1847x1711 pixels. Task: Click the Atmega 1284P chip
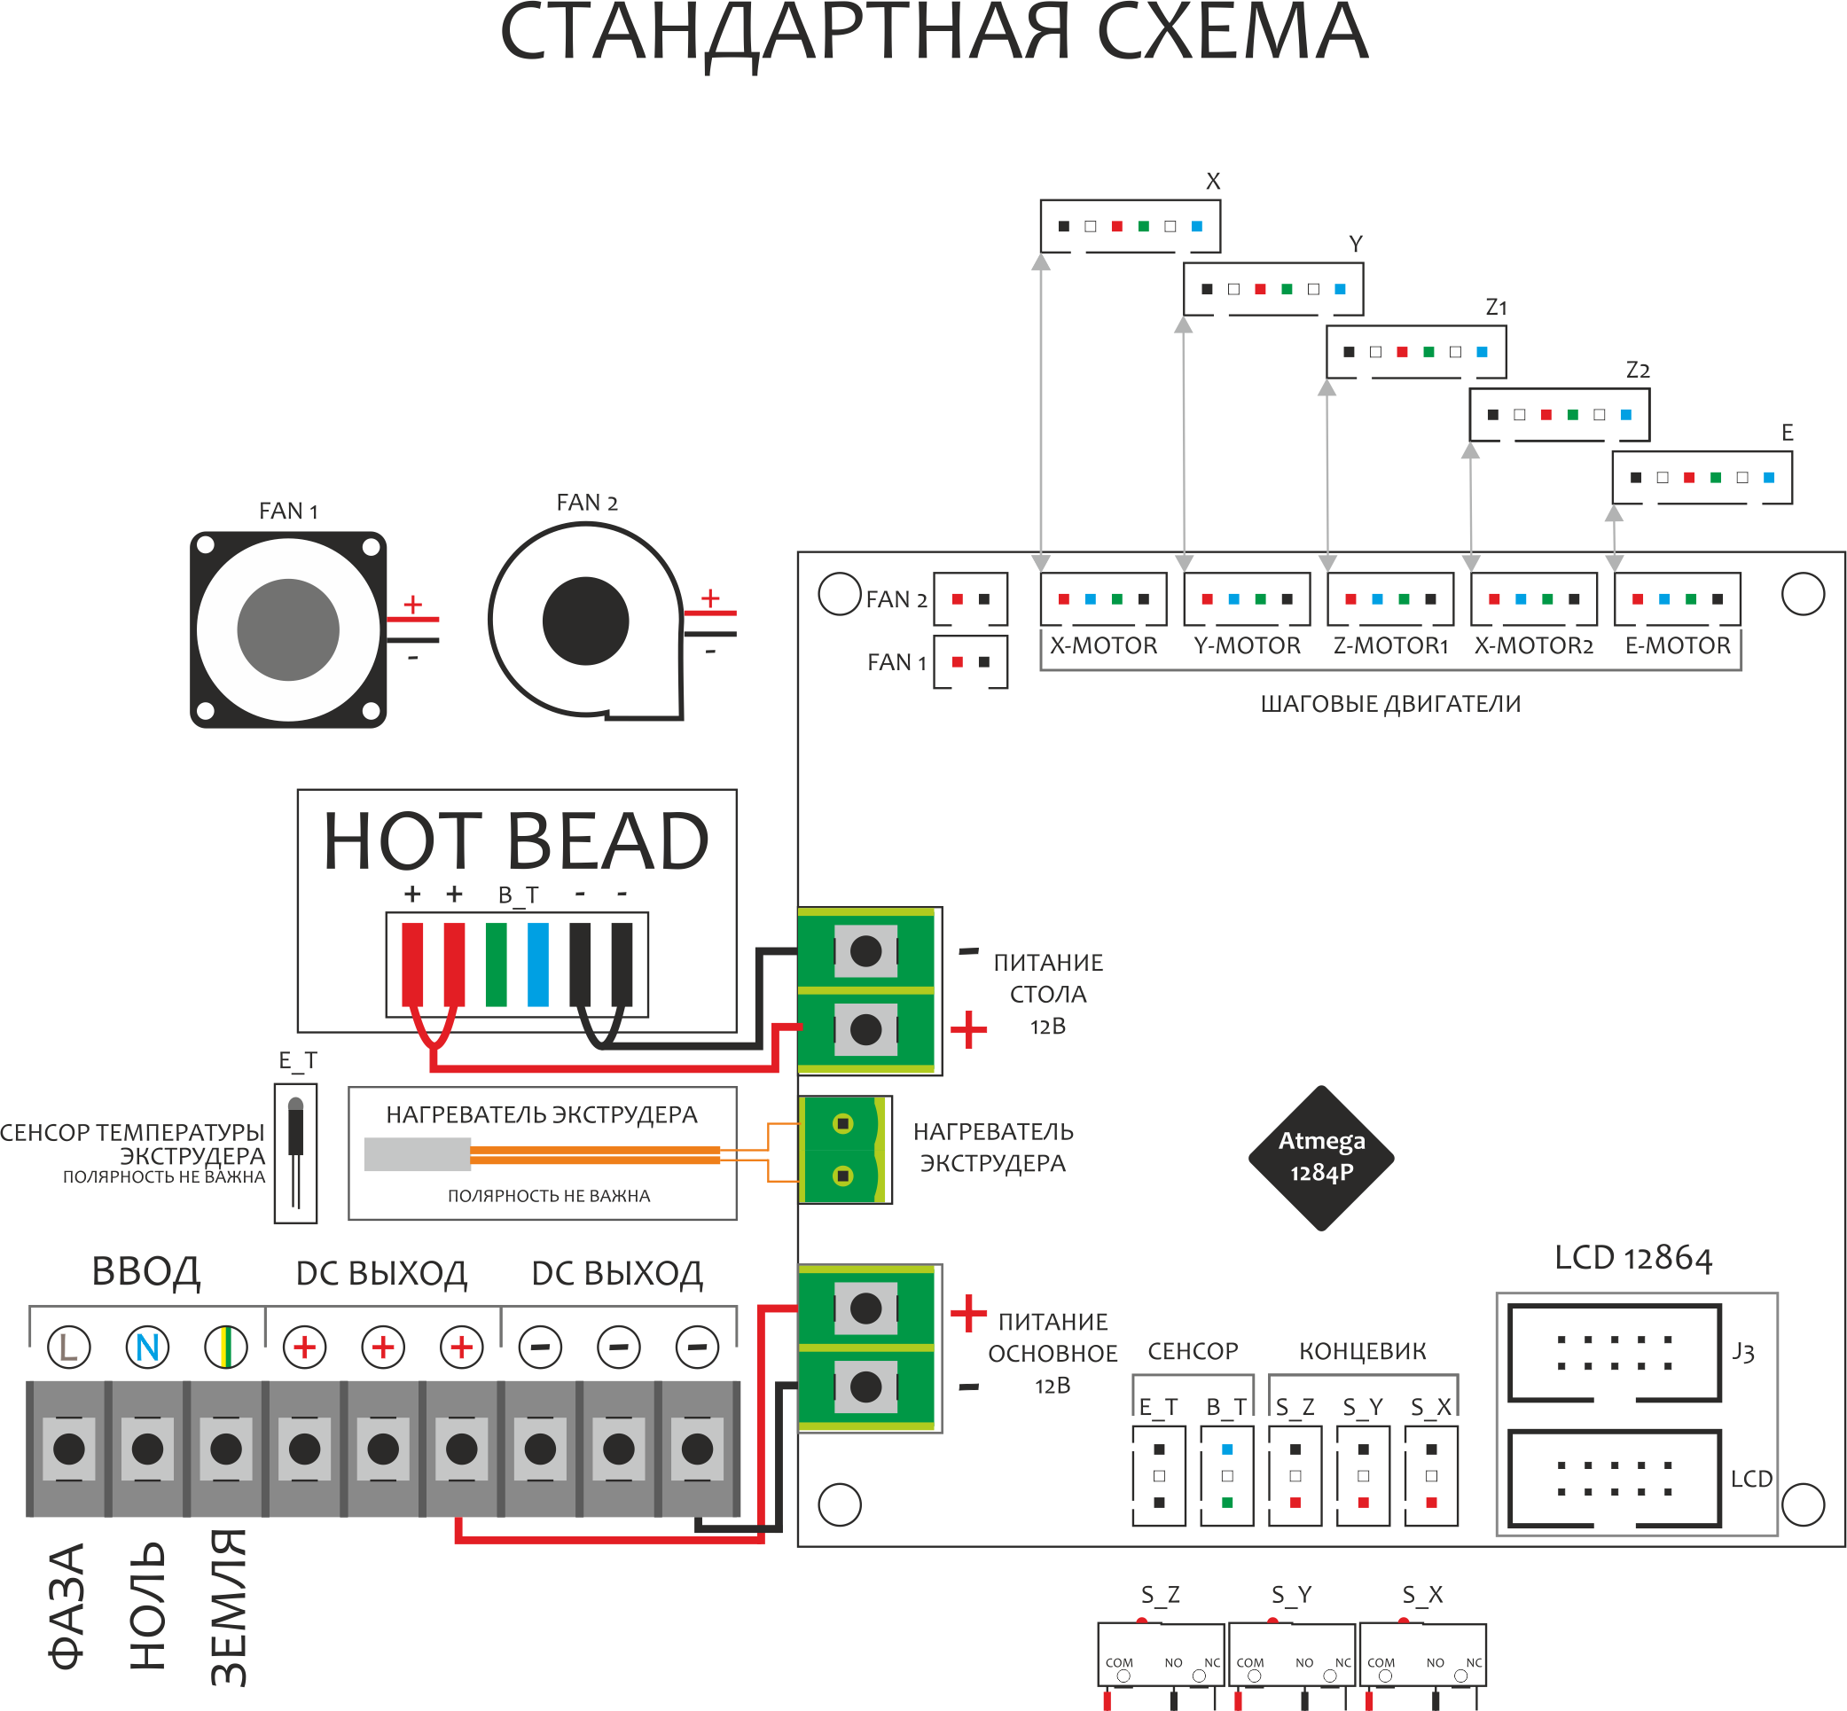click(x=1321, y=1157)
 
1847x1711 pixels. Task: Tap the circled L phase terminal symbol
click(x=68, y=1348)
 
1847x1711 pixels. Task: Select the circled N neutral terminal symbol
click(x=147, y=1348)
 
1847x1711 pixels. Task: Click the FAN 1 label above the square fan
click(x=288, y=511)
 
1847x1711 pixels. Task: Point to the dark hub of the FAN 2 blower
click(x=585, y=621)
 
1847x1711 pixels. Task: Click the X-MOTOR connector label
click(x=1103, y=645)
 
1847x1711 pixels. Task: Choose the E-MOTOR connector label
click(x=1678, y=645)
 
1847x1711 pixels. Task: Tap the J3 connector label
click(x=1743, y=1353)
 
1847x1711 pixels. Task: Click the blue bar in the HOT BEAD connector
click(x=538, y=964)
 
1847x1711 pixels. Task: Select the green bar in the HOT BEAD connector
click(x=497, y=964)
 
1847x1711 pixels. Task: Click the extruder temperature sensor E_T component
click(x=296, y=1152)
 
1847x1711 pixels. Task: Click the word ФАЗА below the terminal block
click(x=67, y=1606)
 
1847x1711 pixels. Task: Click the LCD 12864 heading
click(x=1633, y=1257)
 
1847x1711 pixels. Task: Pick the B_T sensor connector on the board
click(x=1226, y=1476)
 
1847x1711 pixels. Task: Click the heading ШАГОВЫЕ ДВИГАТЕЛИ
click(x=1390, y=704)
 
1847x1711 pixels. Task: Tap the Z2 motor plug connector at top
click(x=1559, y=415)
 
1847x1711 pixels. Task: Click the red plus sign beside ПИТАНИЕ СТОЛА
click(x=968, y=1029)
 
